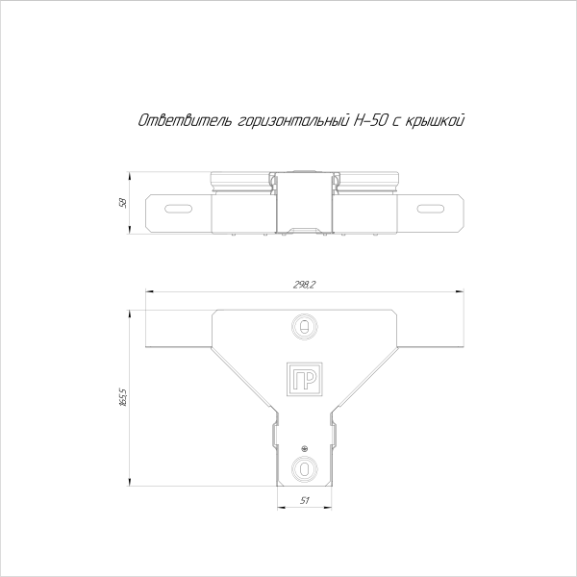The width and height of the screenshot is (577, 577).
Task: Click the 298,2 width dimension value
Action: click(304, 285)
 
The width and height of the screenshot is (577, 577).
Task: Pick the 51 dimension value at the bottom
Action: click(305, 500)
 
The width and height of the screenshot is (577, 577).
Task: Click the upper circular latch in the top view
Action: click(304, 327)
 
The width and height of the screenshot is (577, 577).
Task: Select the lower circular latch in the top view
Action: click(304, 469)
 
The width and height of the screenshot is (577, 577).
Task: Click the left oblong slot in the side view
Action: click(176, 208)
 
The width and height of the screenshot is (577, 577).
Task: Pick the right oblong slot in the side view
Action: click(432, 208)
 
